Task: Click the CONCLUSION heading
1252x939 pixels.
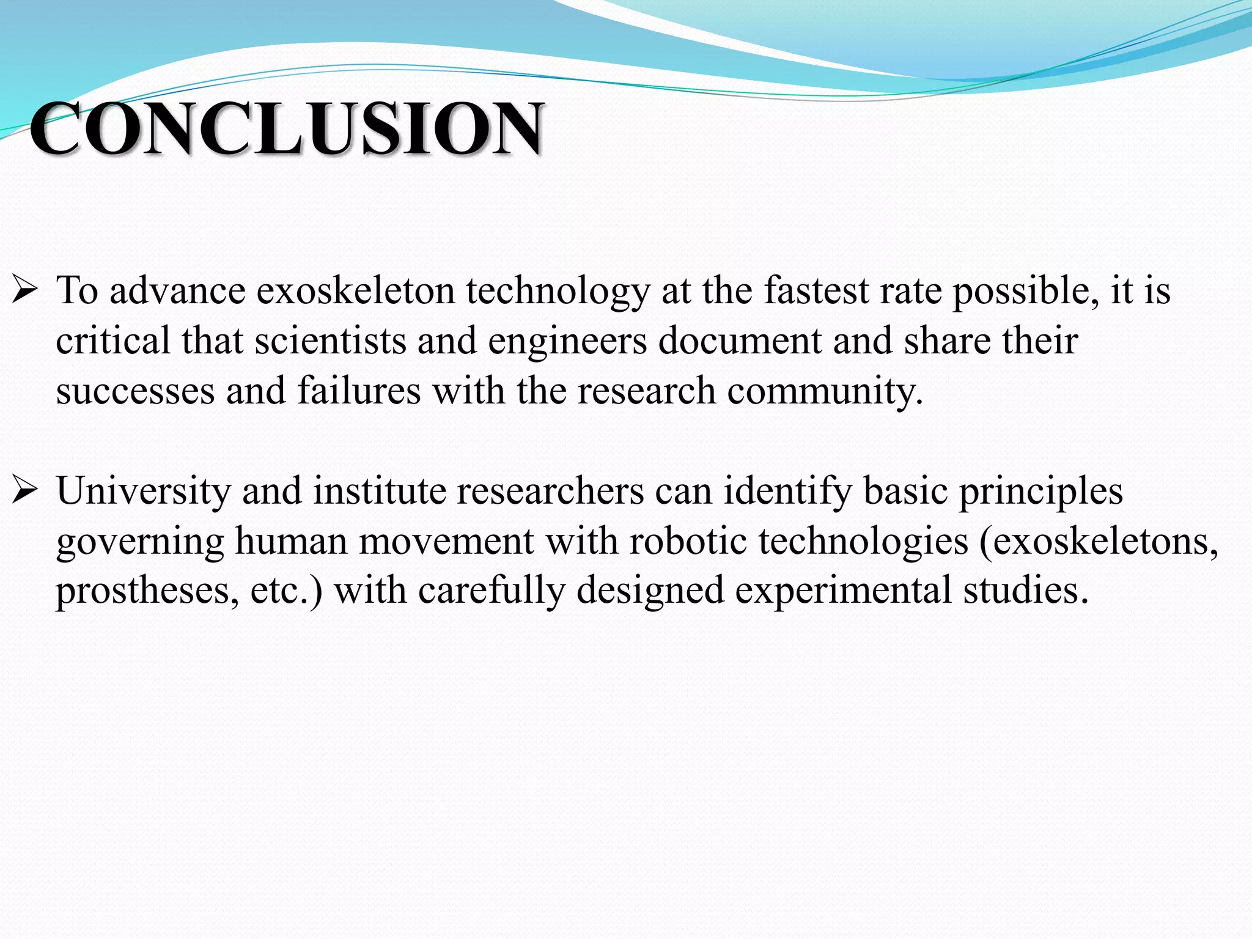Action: point(286,128)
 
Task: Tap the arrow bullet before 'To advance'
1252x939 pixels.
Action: point(25,290)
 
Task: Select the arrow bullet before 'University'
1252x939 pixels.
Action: point(25,490)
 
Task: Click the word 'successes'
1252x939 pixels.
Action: point(135,391)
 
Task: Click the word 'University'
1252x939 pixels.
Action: point(143,492)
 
